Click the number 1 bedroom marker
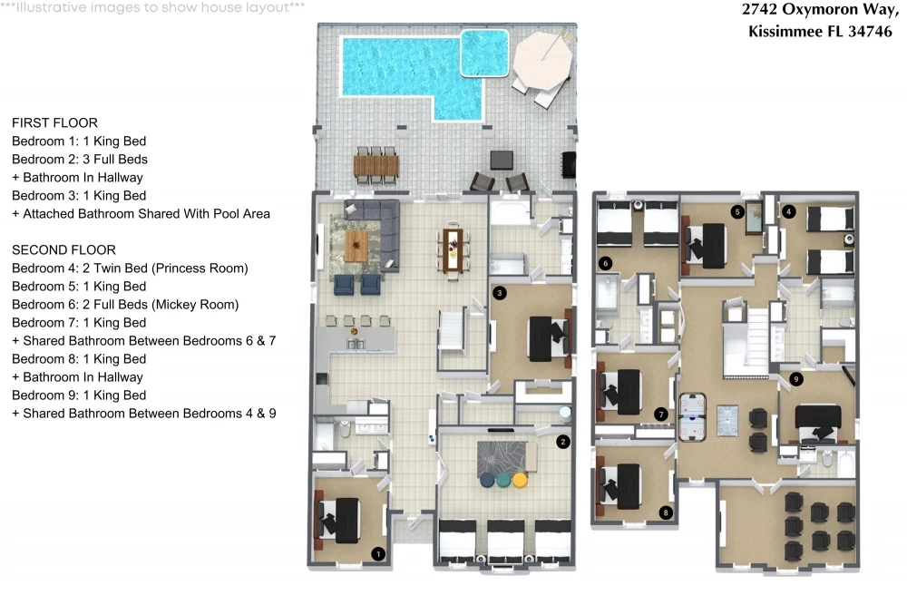click(x=378, y=554)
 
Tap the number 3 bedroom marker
click(x=500, y=293)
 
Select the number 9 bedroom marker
click(x=796, y=379)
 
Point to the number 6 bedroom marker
click(x=606, y=264)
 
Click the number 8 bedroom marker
click(x=666, y=512)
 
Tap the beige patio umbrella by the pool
click(x=542, y=60)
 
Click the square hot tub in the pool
click(x=484, y=54)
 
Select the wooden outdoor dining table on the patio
click(x=376, y=166)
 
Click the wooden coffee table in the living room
click(x=356, y=246)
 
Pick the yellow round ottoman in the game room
click(x=520, y=480)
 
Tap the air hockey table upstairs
click(x=692, y=417)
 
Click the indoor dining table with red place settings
click(x=453, y=249)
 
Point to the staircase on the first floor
click(x=452, y=331)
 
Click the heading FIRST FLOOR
click(x=55, y=123)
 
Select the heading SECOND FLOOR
click(x=63, y=249)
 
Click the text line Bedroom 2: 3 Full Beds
click(x=80, y=160)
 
